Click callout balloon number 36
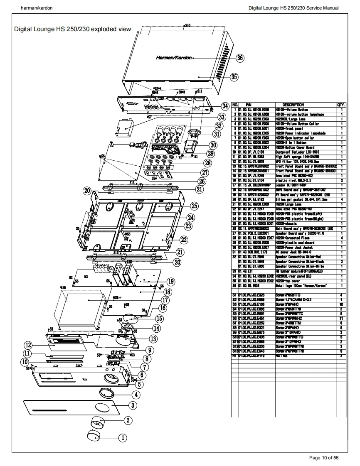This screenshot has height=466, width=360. point(240,58)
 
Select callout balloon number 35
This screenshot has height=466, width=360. point(234,77)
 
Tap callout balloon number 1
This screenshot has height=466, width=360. point(123,437)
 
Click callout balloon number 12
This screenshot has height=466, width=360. point(28,345)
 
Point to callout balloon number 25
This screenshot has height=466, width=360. point(194,206)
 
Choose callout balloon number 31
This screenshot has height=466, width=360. point(217,134)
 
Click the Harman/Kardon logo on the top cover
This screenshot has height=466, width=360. point(174,58)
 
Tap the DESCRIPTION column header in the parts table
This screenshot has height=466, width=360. point(293,105)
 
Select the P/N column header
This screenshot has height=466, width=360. point(248,105)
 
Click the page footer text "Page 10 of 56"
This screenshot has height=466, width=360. point(324,458)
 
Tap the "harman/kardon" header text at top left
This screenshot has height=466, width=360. point(37,8)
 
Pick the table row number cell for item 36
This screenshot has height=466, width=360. point(235,286)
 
